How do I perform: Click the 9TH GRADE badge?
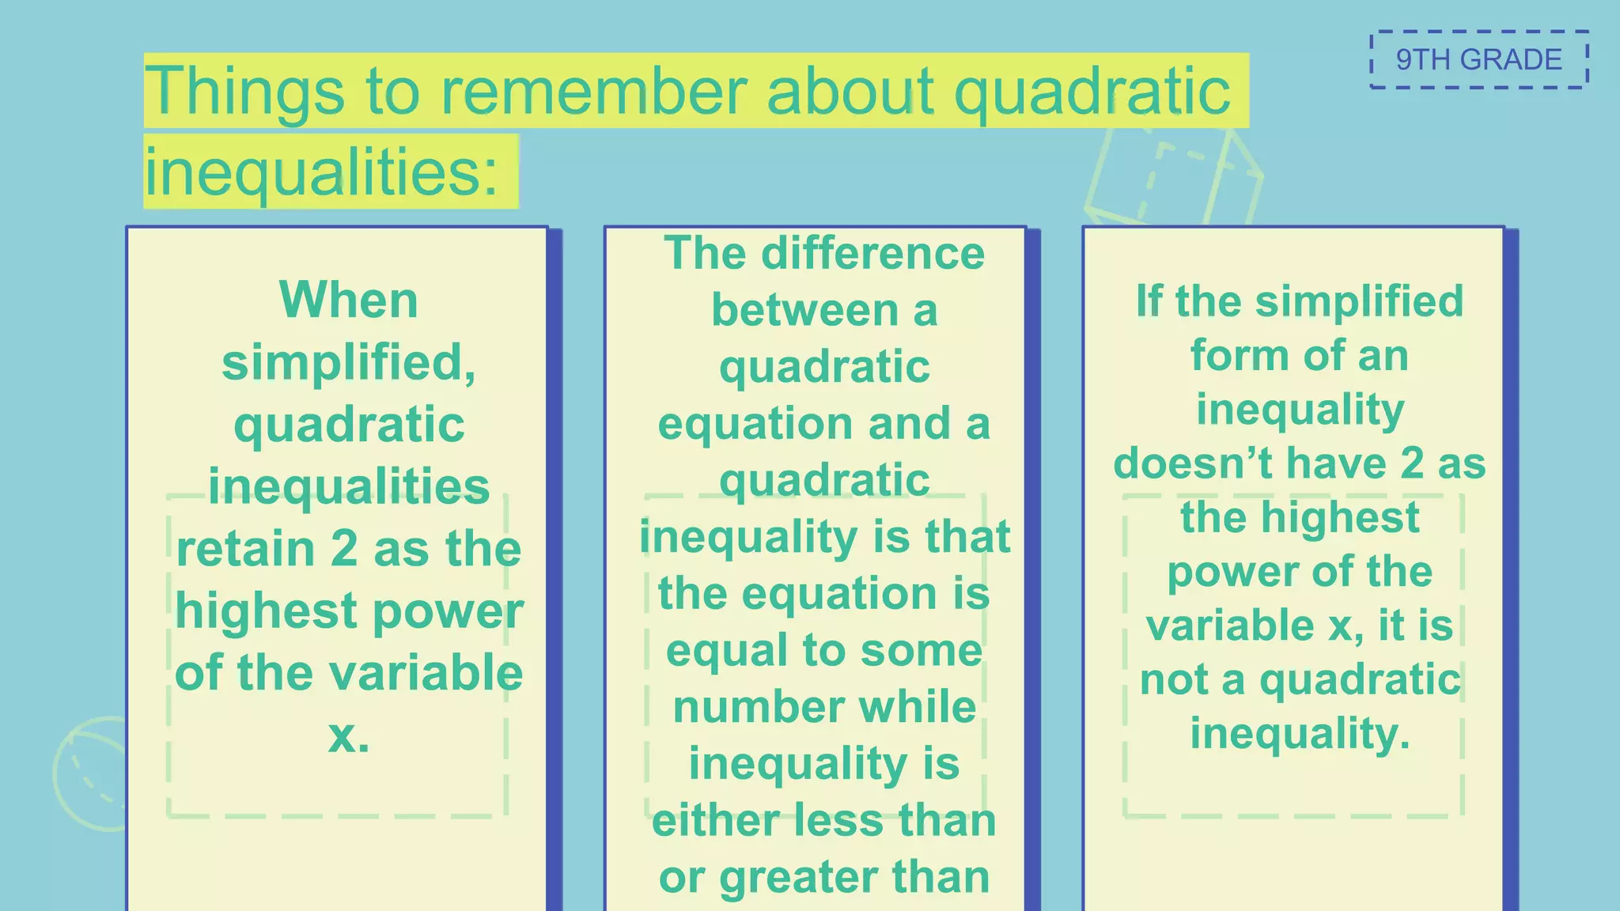(1478, 60)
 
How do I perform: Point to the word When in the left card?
(348, 301)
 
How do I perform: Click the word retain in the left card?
(246, 549)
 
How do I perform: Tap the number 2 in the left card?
(344, 549)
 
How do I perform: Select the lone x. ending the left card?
(348, 736)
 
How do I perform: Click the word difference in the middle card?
(872, 254)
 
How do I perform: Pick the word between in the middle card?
(804, 310)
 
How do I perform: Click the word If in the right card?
(1149, 301)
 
